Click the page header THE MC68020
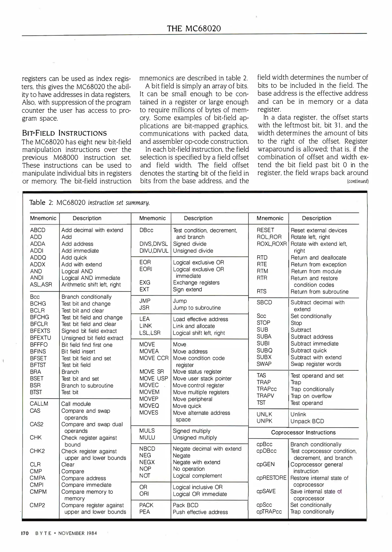[x=194, y=28]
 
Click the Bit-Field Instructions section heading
[x=64, y=133]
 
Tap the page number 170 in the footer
[x=25, y=533]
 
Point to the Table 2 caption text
[x=90, y=203]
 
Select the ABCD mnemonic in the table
[x=38, y=230]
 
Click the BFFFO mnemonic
[x=39, y=344]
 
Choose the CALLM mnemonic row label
[x=39, y=404]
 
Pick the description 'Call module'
[x=76, y=404]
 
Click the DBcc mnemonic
[x=146, y=230]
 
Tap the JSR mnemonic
[x=144, y=308]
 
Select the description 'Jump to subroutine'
[x=197, y=308]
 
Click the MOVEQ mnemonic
[x=149, y=406]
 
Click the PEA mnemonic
[x=144, y=512]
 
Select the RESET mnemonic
[x=265, y=230]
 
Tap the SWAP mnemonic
[x=264, y=364]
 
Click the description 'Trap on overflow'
[x=311, y=396]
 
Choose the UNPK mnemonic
[x=264, y=421]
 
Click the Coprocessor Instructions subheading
[x=303, y=432]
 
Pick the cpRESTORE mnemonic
[x=271, y=478]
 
